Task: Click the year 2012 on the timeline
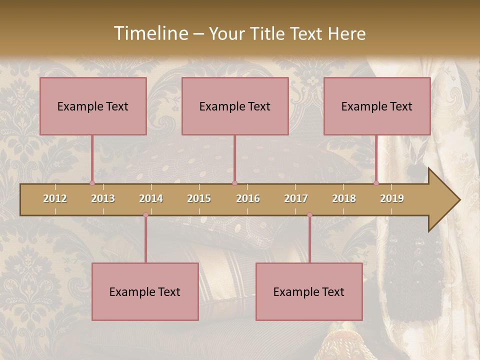tap(55, 198)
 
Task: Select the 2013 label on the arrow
tap(103, 198)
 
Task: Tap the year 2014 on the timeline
tap(151, 198)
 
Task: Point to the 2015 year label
tap(199, 198)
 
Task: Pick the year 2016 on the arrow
tap(248, 198)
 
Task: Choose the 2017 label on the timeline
tap(296, 198)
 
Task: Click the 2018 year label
tap(344, 198)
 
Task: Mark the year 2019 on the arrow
tap(392, 198)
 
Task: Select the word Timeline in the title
tap(150, 33)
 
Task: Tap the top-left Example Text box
tap(93, 106)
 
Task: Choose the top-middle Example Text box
tap(235, 106)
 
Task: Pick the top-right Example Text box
tap(377, 106)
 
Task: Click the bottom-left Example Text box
tap(145, 292)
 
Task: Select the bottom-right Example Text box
tap(309, 292)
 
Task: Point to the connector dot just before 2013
tap(92, 183)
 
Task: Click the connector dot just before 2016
tap(234, 183)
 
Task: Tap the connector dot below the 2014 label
tap(145, 215)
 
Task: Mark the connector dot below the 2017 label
tap(309, 215)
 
